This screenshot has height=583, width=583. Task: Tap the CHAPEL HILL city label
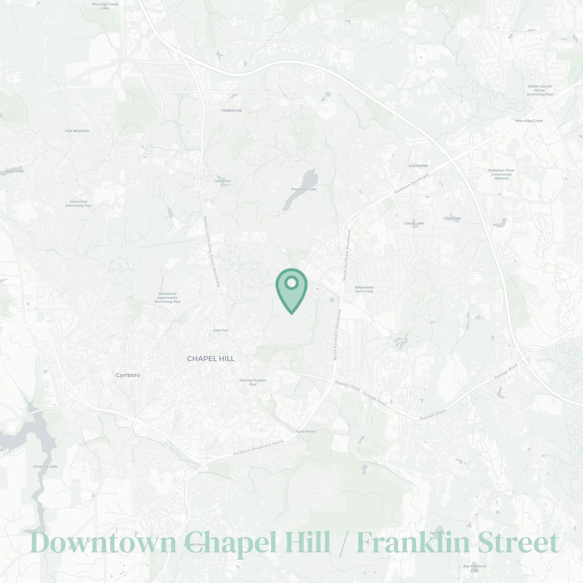pyautogui.click(x=211, y=359)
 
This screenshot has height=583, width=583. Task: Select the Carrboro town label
pyautogui.click(x=128, y=375)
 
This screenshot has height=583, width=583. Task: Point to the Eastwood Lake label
pyautogui.click(x=304, y=189)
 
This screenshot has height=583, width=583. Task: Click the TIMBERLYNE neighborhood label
pyautogui.click(x=231, y=110)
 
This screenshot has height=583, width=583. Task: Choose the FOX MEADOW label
pyautogui.click(x=77, y=131)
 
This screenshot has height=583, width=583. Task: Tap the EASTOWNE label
pyautogui.click(x=418, y=166)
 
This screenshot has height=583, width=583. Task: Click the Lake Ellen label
pyautogui.click(x=223, y=181)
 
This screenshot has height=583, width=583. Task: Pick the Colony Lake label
pyautogui.click(x=414, y=223)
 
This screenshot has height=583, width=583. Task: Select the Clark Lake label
pyautogui.click(x=452, y=218)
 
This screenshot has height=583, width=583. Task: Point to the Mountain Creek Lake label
pyautogui.click(x=105, y=6)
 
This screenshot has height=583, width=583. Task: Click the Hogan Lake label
pyautogui.click(x=14, y=171)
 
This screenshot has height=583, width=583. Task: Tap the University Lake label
pyautogui.click(x=45, y=466)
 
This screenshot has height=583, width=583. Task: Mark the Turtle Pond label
pyautogui.click(x=305, y=431)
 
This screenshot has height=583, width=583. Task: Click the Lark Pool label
pyautogui.click(x=220, y=330)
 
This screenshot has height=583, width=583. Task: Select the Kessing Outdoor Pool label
pyautogui.click(x=253, y=382)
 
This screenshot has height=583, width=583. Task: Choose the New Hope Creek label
pyautogui.click(x=529, y=121)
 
